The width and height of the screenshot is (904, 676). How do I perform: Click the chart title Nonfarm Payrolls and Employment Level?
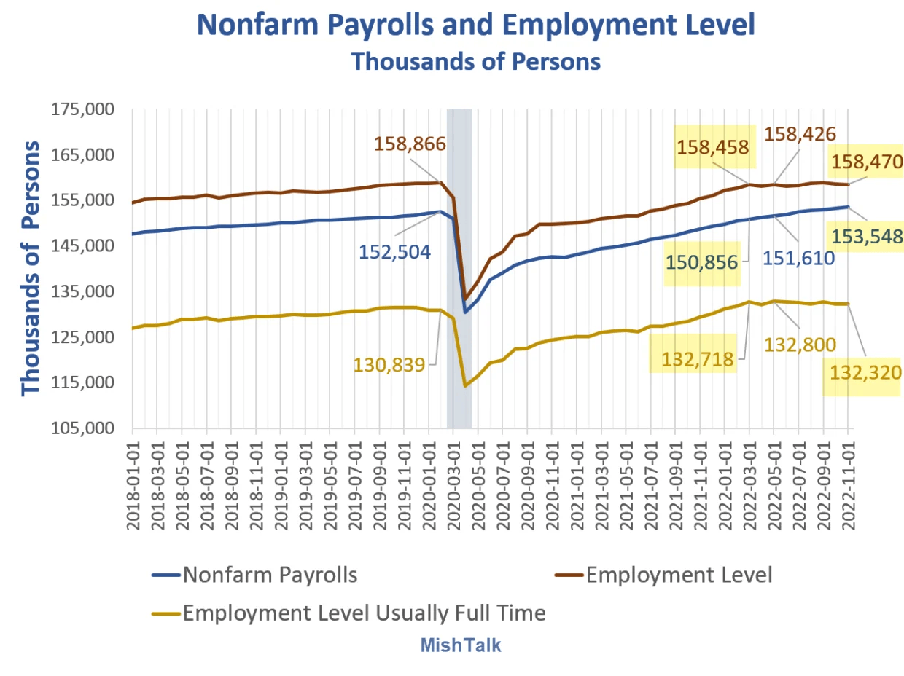coord(475,25)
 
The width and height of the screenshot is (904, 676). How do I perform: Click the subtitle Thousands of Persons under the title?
coord(475,62)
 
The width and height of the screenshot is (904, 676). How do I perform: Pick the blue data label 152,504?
coord(394,252)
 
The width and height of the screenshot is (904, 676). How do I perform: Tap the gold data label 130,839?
coord(389,364)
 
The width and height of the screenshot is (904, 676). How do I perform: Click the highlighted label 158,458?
coord(713,148)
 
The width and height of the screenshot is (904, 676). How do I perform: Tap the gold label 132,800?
coord(800,344)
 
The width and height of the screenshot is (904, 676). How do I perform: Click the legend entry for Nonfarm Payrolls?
coord(270,575)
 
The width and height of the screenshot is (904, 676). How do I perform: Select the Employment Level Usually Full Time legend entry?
coord(363,613)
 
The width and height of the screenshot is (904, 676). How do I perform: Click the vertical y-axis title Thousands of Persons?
coord(31,270)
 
